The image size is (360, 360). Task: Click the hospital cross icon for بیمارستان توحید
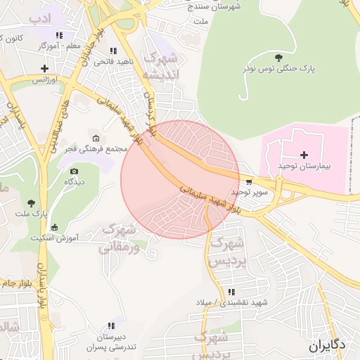[x=304, y=155]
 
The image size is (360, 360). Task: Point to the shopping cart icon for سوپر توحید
[x=249, y=182]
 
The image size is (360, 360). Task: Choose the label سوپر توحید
[x=246, y=192]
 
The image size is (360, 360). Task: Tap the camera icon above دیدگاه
[x=75, y=171]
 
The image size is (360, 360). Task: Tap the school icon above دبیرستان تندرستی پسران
[x=110, y=326]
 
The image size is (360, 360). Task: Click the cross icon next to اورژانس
[x=45, y=68]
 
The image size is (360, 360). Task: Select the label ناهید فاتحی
[x=112, y=63]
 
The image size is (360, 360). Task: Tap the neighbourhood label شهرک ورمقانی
[x=116, y=238]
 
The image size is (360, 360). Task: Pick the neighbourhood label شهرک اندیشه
[x=162, y=65]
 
